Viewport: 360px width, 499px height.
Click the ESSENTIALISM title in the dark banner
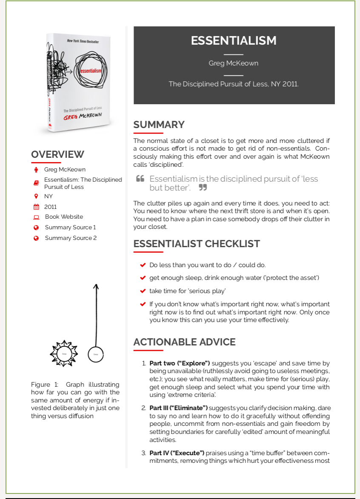pyautogui.click(x=234, y=41)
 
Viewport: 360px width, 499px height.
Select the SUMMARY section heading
pyautogui.click(x=159, y=125)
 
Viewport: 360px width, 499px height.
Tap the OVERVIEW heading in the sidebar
pyautogui.click(x=57, y=154)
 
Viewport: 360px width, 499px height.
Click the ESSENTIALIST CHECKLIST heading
pyautogui.click(x=196, y=244)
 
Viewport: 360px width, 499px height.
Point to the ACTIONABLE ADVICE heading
pyautogui.click(x=184, y=342)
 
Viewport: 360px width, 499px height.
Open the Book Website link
pyautogui.click(x=64, y=217)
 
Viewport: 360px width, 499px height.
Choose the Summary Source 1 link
pyautogui.click(x=70, y=227)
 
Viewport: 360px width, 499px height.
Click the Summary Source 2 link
pyautogui.click(x=71, y=238)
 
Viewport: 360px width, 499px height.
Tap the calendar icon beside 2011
pyautogui.click(x=36, y=207)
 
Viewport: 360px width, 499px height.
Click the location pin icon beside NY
pyautogui.click(x=36, y=196)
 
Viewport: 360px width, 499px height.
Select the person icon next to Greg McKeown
pyautogui.click(x=36, y=170)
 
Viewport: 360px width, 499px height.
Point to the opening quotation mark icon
pyautogui.click(x=140, y=179)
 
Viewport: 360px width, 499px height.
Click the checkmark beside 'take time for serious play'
pyautogui.click(x=143, y=291)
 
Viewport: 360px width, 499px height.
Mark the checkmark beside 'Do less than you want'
pyautogui.click(x=143, y=265)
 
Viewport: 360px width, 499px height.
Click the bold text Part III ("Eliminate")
pyautogui.click(x=178, y=408)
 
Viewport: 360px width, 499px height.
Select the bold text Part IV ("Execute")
pyautogui.click(x=177, y=453)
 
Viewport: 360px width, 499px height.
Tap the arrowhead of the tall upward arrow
pyautogui.click(x=96, y=287)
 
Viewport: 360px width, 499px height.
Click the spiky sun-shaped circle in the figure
pyautogui.click(x=64, y=353)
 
